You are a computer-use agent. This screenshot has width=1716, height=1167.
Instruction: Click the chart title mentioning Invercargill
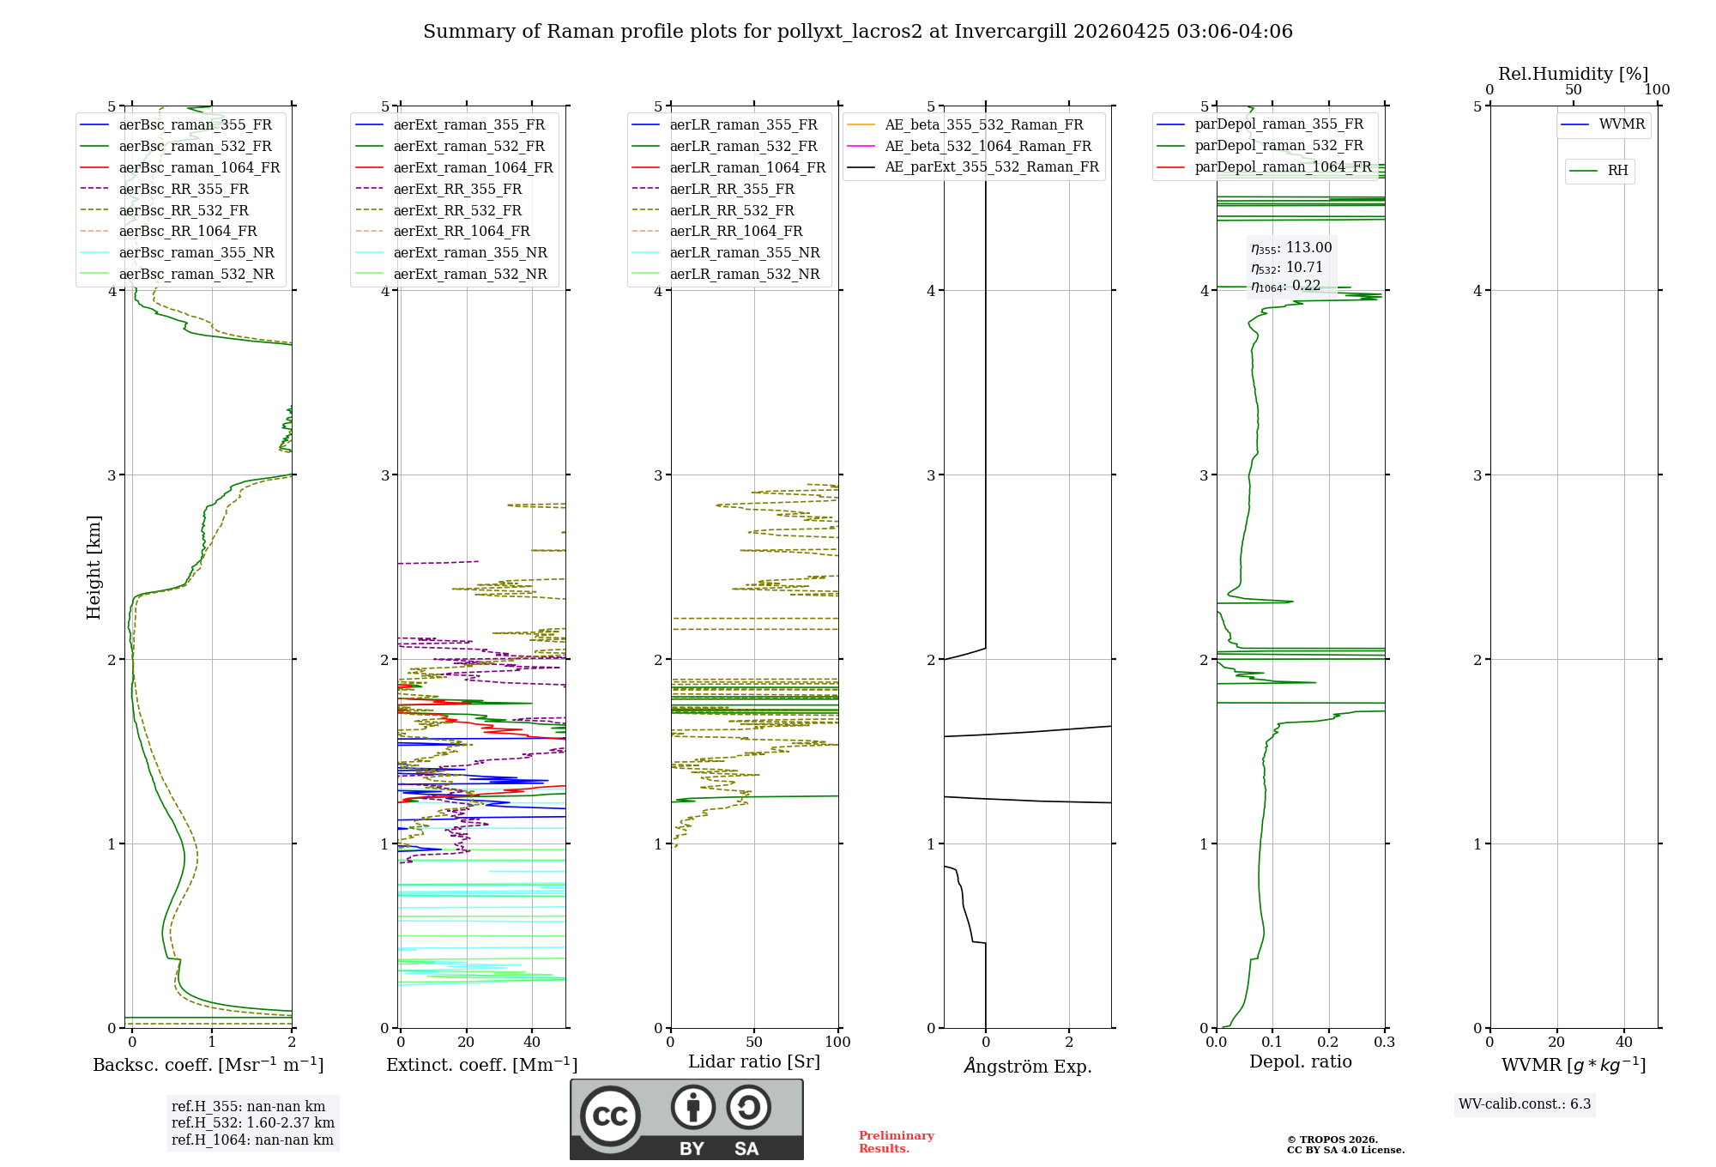click(857, 32)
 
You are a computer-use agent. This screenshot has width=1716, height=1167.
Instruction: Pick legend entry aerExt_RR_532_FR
click(457, 210)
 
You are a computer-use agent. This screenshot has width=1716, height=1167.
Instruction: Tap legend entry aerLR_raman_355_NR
click(744, 252)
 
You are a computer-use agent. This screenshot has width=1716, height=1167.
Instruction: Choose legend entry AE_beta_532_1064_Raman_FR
click(988, 146)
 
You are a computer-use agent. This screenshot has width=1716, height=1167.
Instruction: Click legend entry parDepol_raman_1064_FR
click(1283, 166)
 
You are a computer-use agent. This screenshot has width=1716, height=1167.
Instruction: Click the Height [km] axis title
click(94, 567)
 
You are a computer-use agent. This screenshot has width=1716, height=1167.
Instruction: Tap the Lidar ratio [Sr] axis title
click(754, 1061)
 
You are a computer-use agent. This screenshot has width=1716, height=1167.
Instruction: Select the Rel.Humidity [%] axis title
click(1573, 74)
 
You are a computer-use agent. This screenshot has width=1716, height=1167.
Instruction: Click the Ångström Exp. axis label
click(1028, 1067)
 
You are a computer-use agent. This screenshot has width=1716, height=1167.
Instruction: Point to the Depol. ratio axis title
click(1300, 1061)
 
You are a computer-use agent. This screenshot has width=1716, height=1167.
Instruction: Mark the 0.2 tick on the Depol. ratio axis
click(1328, 1042)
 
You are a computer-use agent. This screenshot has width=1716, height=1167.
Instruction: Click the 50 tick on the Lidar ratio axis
click(754, 1042)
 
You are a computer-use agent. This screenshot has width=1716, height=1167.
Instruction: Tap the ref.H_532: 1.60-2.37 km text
click(253, 1123)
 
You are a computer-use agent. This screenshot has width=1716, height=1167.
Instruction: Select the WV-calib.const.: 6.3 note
click(1525, 1104)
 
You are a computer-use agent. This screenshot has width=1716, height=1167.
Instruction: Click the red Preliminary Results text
click(896, 1142)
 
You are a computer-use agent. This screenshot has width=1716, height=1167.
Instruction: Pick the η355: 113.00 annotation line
click(1291, 248)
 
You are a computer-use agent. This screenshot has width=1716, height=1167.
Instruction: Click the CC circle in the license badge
click(610, 1116)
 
